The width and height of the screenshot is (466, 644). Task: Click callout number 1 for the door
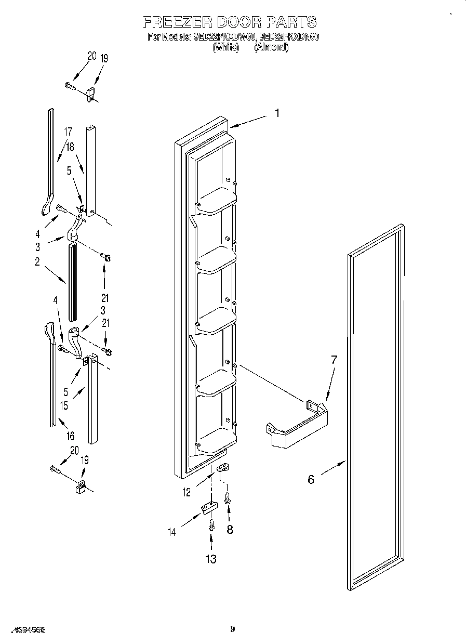(277, 113)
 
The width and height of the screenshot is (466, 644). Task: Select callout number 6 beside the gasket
(311, 479)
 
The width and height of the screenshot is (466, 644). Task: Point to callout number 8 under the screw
(230, 530)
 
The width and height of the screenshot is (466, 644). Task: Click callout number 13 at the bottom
(210, 559)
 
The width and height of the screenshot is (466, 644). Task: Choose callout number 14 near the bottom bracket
(172, 531)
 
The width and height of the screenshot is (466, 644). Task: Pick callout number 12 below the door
(187, 492)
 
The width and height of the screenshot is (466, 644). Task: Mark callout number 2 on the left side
(37, 262)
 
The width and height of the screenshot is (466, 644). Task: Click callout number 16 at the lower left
(70, 436)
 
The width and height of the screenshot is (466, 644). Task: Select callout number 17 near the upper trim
(68, 132)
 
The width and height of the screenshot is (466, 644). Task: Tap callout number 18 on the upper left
(70, 147)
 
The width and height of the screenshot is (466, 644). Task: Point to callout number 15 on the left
(64, 406)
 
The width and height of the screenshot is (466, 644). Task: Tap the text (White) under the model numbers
(225, 47)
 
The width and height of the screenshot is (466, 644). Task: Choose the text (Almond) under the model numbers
(271, 47)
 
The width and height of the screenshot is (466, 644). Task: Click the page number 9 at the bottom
(233, 629)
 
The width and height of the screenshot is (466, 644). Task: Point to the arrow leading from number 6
(332, 468)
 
